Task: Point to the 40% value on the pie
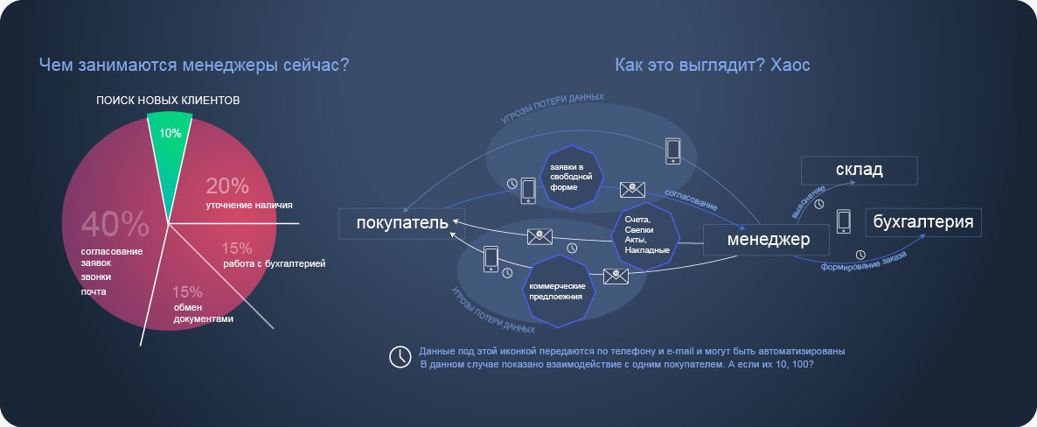[115, 225]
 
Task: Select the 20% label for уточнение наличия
[227, 186]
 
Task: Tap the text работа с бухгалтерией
[274, 263]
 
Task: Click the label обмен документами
[203, 312]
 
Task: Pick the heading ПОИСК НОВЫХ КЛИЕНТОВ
[168, 101]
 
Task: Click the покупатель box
[402, 222]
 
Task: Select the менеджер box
[769, 239]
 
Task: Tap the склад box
[859, 170]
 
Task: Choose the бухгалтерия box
[923, 221]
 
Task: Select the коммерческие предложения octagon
[558, 290]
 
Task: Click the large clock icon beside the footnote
[400, 357]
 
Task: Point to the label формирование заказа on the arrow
[864, 259]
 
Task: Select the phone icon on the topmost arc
[672, 150]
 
